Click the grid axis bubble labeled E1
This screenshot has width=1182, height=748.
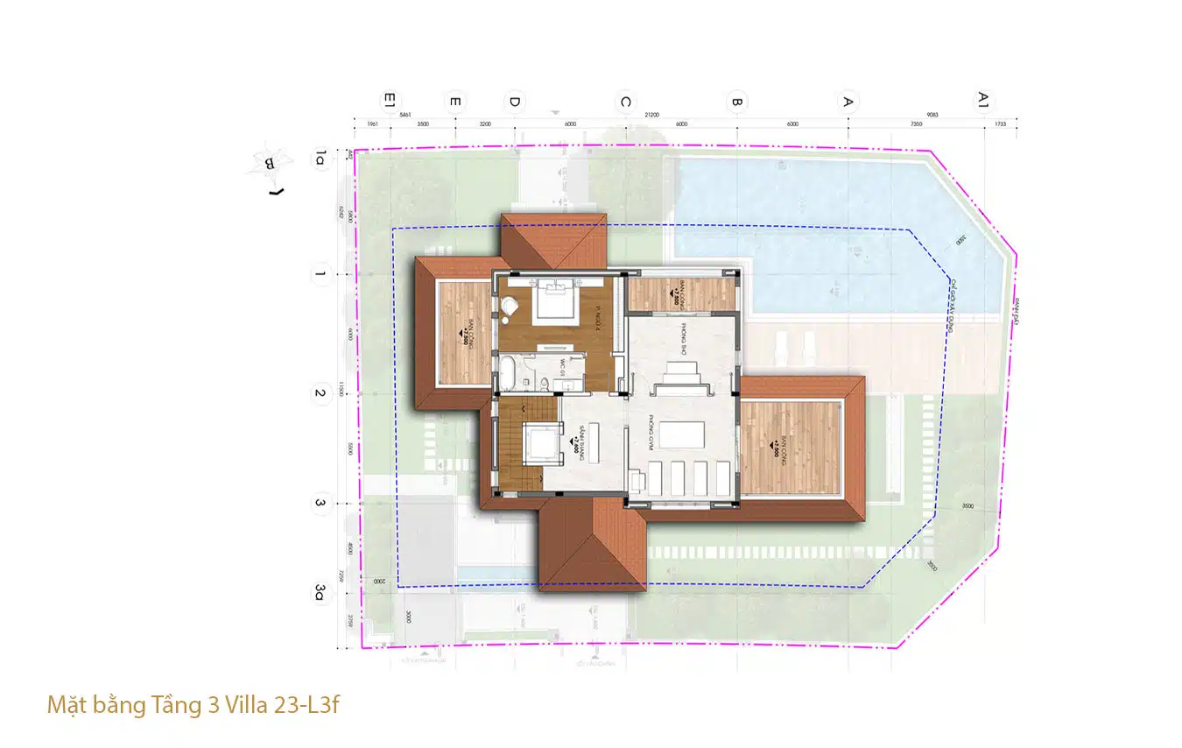pos(390,102)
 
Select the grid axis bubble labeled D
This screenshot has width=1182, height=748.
pos(515,102)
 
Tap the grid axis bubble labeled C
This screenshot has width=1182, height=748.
pos(624,102)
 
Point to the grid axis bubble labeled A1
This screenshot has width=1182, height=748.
pos(983,102)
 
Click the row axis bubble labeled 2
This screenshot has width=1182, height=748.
pos(320,393)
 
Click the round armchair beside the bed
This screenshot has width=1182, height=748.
pos(509,307)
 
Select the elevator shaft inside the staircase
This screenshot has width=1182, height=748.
pos(541,442)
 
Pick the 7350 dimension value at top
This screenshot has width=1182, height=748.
pos(917,124)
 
